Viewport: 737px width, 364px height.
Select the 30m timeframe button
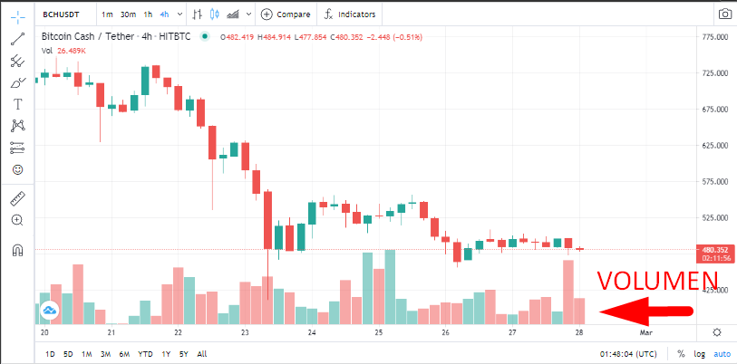pos(128,14)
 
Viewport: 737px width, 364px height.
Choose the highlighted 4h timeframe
pos(164,14)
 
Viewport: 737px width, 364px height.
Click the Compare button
pos(286,14)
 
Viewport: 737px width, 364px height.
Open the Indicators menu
pos(350,14)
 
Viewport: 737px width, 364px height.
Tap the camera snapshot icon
pos(724,14)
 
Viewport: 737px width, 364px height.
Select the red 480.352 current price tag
pos(714,254)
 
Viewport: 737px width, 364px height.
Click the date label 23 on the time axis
pos(245,333)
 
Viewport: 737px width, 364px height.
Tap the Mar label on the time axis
pos(646,333)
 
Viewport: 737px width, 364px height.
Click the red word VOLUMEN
pos(657,281)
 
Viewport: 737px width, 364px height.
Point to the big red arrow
pos(645,311)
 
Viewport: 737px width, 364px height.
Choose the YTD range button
pos(145,354)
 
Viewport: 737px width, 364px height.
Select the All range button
pos(201,354)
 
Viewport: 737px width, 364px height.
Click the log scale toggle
pos(700,354)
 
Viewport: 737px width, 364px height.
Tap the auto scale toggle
pos(722,354)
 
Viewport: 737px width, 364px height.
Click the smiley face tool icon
pos(17,169)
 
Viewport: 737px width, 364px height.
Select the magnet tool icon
pos(17,250)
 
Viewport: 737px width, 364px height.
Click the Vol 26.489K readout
pos(64,51)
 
